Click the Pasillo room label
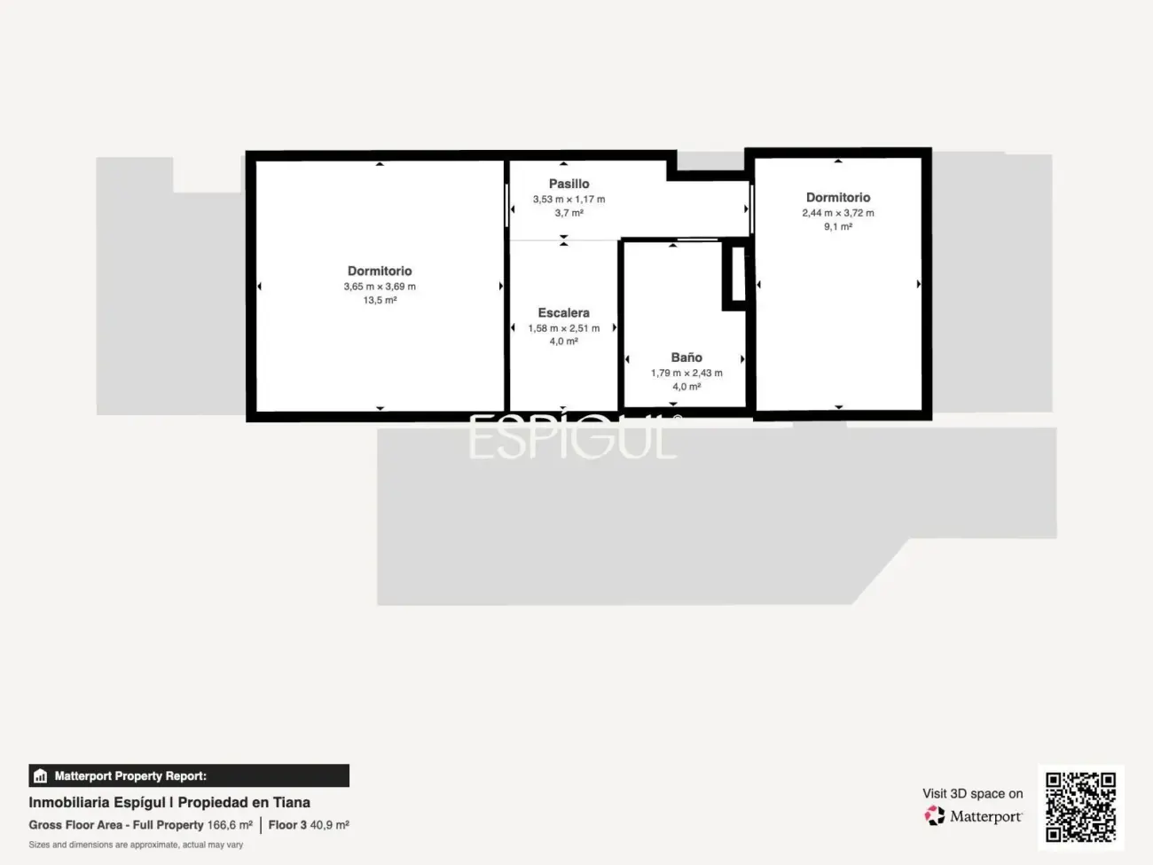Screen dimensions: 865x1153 tap(569, 184)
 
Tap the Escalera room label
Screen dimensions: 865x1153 tap(563, 312)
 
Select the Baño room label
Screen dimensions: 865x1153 tap(686, 358)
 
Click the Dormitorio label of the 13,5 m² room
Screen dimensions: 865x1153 tap(380, 271)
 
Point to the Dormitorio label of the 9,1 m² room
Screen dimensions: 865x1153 tap(838, 197)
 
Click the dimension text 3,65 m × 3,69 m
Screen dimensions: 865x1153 tap(380, 287)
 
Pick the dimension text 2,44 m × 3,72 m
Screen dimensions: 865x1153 tap(838, 213)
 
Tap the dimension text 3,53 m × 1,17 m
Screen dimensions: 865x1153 tap(569, 200)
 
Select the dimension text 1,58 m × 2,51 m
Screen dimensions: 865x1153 tap(563, 328)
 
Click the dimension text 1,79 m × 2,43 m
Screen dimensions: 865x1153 tap(686, 374)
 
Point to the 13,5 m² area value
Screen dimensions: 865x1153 tap(380, 301)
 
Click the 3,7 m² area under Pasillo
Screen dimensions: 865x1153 tap(569, 213)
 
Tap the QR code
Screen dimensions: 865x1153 tap(1080, 807)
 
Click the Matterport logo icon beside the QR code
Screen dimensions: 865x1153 tap(935, 815)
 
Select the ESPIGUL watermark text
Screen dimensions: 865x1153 tap(573, 438)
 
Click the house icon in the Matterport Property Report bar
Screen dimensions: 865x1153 tap(40, 776)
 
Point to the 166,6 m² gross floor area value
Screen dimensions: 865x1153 tap(230, 825)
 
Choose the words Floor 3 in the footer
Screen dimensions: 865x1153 tap(287, 825)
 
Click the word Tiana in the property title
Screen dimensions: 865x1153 tap(292, 802)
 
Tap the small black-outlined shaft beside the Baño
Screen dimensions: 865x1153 tap(738, 276)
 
